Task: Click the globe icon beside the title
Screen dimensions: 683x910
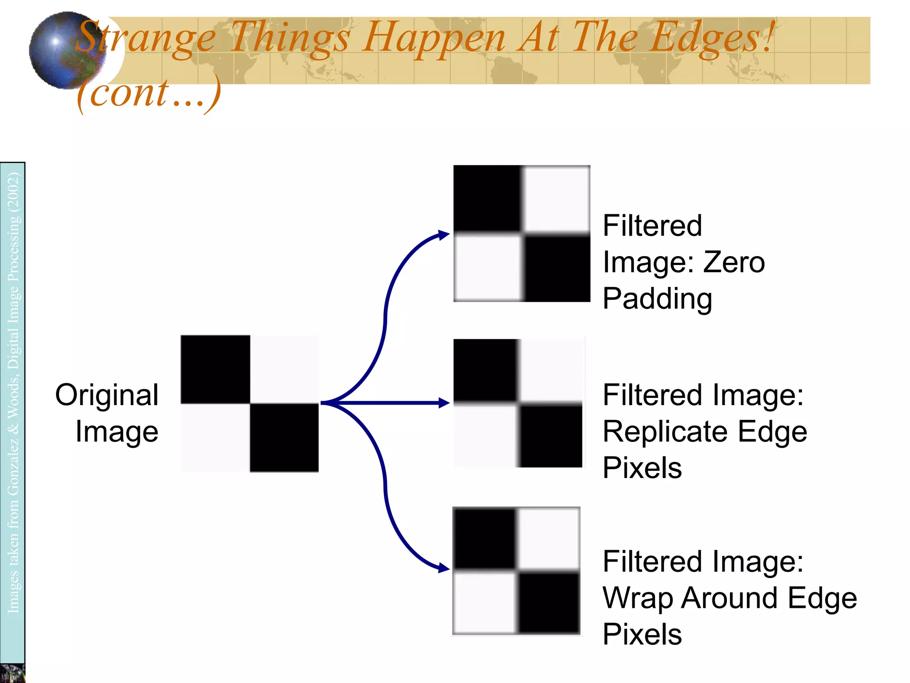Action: pyautogui.click(x=67, y=50)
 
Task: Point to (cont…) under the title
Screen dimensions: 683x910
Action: pyautogui.click(x=148, y=93)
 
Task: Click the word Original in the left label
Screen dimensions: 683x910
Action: pyautogui.click(x=107, y=395)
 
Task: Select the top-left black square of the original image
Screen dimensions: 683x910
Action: pyautogui.click(x=216, y=369)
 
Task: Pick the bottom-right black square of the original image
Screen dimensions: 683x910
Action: pyautogui.click(x=284, y=438)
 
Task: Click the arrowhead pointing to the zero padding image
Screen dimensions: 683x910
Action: pyautogui.click(x=444, y=235)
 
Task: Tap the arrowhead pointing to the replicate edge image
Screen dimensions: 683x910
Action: pyautogui.click(x=444, y=403)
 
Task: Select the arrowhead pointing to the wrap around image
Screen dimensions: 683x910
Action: pyautogui.click(x=444, y=568)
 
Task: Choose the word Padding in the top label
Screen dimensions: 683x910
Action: pyautogui.click(x=658, y=298)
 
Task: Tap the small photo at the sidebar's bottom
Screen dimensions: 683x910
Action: pyautogui.click(x=12, y=673)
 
